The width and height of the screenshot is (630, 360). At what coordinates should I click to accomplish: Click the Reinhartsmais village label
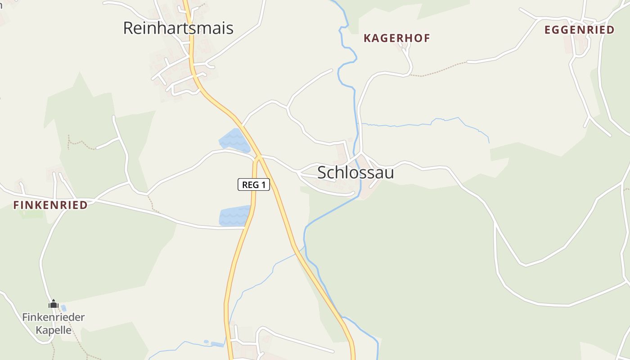(178, 28)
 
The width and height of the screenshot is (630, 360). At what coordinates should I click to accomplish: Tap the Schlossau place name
(355, 172)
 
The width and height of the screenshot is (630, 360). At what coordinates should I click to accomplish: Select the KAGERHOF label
(396, 38)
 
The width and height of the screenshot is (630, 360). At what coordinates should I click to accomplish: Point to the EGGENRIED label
(579, 30)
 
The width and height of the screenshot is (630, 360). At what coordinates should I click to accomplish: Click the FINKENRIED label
(50, 205)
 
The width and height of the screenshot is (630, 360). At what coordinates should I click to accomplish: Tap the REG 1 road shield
(254, 184)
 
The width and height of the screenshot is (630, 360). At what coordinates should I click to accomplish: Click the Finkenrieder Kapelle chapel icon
(54, 305)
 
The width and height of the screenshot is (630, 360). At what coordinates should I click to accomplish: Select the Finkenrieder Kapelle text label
(54, 324)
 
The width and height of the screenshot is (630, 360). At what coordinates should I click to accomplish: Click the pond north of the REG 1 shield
(234, 140)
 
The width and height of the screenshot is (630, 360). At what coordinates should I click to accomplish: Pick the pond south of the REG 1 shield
(234, 216)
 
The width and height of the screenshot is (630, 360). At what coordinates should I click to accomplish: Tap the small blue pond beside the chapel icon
(63, 308)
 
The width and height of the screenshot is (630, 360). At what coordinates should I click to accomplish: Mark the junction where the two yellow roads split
(259, 158)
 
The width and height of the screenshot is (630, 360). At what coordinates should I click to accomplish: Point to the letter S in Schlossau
(322, 172)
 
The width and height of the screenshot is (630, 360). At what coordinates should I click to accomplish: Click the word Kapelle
(54, 330)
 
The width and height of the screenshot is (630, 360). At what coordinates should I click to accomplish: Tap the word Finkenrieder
(54, 317)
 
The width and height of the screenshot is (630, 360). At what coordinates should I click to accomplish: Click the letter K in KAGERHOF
(367, 38)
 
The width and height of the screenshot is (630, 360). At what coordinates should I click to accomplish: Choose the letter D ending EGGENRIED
(610, 30)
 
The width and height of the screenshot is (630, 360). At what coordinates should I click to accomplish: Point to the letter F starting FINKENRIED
(16, 205)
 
